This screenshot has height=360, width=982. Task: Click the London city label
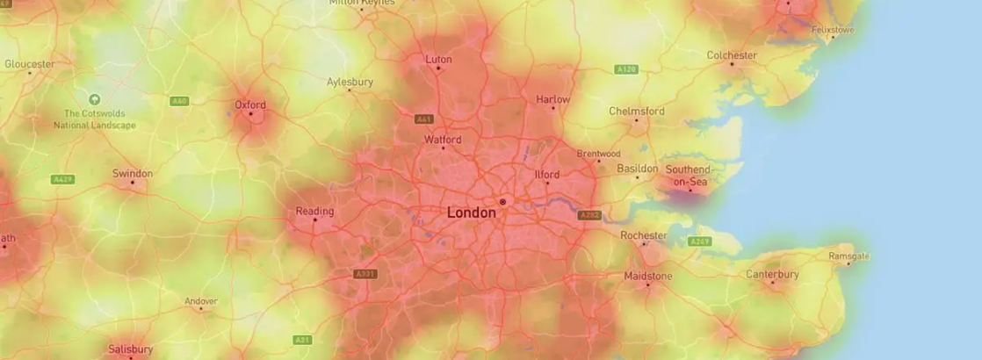[x=471, y=212]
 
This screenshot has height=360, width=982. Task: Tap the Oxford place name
[x=250, y=104]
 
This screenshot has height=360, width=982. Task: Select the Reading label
[x=314, y=211]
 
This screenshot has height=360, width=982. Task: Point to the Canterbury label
[x=772, y=275]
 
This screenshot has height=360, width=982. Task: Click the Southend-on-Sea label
[x=688, y=176]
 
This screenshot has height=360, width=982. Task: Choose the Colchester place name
[x=732, y=55]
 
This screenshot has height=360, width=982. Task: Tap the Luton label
[x=438, y=60]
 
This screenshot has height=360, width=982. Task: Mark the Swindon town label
[x=133, y=173]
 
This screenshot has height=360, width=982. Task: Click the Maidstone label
[x=647, y=276]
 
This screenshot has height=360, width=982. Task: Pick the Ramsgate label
[x=848, y=256]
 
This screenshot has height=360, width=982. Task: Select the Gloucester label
[x=29, y=64]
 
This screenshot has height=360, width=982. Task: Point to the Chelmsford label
[x=637, y=112]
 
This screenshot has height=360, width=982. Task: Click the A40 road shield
[x=179, y=101]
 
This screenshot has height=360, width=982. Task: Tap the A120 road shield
[x=626, y=69]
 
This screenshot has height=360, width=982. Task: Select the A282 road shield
[x=589, y=214]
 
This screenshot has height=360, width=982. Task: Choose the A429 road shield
[x=62, y=179]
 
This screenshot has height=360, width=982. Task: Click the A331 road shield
[x=365, y=274]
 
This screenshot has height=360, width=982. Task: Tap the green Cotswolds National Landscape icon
[x=95, y=99]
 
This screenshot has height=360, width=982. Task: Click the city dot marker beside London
[x=502, y=202]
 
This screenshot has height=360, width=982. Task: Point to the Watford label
[x=443, y=140]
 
